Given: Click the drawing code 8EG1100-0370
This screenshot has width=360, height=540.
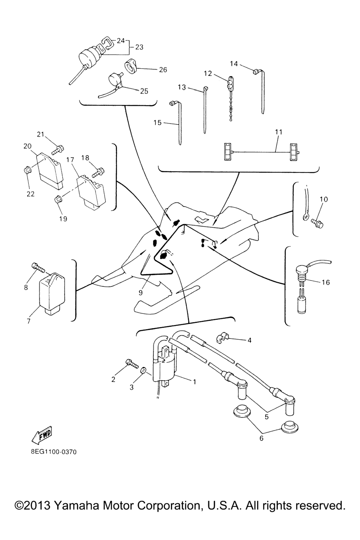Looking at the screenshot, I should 51,452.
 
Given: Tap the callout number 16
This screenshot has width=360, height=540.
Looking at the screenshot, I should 326,282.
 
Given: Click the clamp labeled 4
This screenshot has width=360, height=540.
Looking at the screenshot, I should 222,338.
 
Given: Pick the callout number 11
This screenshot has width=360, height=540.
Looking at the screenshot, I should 278,132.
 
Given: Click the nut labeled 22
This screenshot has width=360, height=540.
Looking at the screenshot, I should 27,171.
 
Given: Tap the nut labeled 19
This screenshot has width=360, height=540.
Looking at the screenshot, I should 58,200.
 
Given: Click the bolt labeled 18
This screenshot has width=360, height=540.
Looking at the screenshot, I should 98,173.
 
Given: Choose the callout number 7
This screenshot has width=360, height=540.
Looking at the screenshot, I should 28,321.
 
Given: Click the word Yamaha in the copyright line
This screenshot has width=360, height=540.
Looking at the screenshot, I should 77,506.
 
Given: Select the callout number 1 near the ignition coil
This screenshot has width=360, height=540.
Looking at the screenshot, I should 194,381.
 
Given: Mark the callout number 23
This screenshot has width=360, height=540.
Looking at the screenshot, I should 139,47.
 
